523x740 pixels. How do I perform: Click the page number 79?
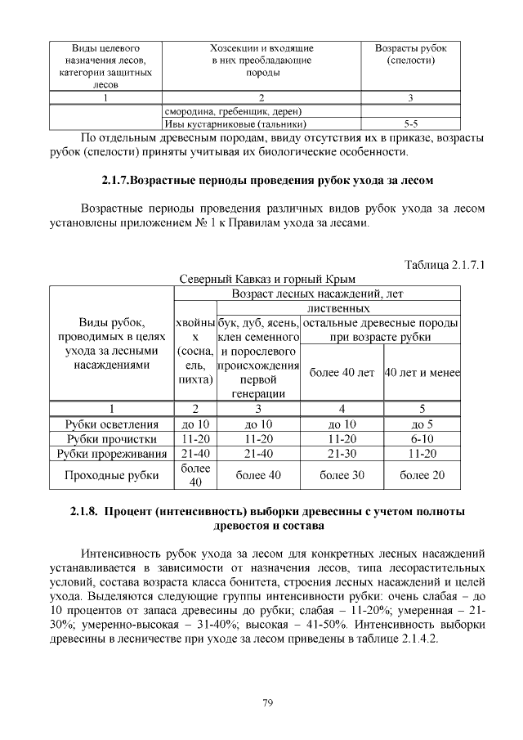click(267, 702)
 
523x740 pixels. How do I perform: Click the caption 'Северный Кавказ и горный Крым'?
click(267, 279)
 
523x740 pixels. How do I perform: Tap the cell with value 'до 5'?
click(422, 424)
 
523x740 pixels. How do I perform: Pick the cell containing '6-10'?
click(422, 438)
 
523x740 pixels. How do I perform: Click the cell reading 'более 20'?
click(422, 474)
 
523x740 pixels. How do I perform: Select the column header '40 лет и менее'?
click(422, 373)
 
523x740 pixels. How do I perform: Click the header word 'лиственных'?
click(338, 308)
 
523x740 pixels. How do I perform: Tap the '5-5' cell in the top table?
click(410, 123)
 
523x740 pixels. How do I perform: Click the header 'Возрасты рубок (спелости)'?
click(410, 55)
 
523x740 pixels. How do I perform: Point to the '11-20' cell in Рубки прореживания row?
click(422, 453)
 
